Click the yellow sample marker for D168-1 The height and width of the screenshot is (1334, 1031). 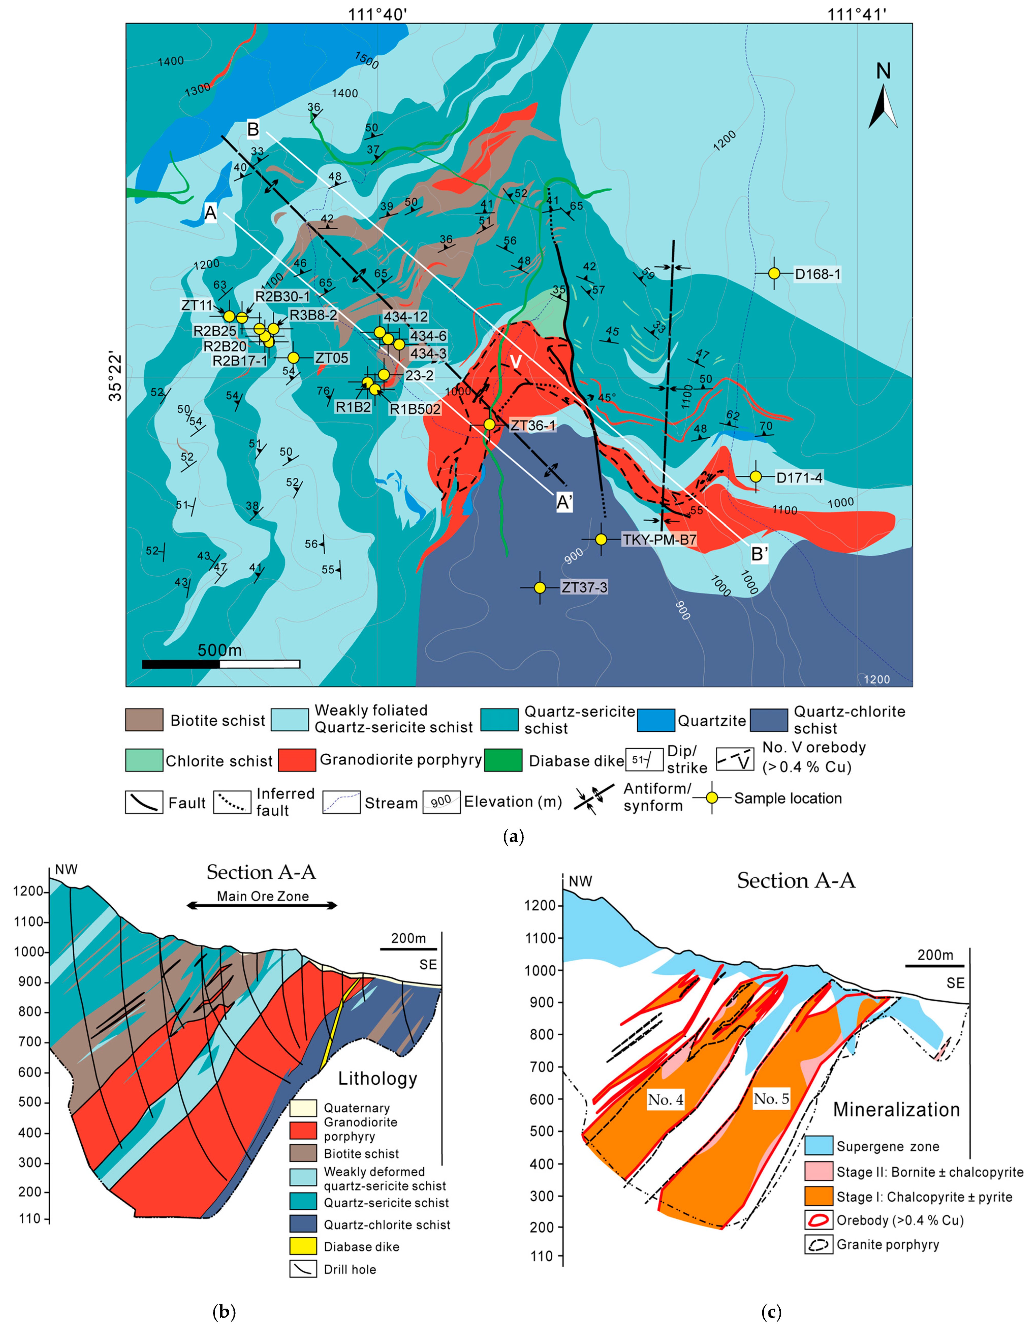coord(774,274)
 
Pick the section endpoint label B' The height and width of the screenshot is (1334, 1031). coord(759,555)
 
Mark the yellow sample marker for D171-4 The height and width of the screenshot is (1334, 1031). coord(755,476)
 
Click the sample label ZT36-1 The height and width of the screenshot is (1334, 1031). coord(533,425)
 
